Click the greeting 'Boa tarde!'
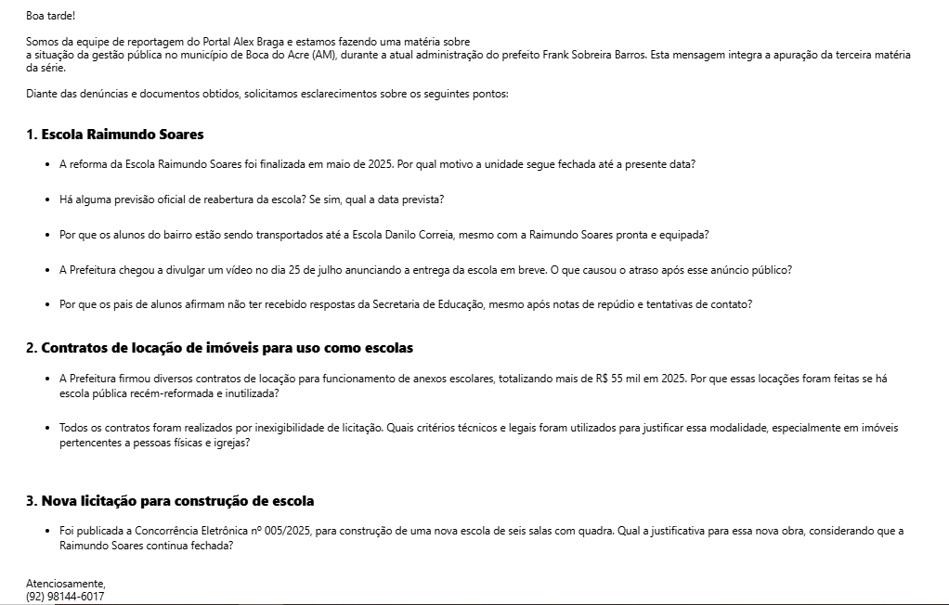coord(50,16)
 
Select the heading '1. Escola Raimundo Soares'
coord(115,135)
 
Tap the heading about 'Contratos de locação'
coord(220,348)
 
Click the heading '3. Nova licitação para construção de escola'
coord(170,501)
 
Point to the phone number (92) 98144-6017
coord(65,597)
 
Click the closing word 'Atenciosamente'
coord(65,584)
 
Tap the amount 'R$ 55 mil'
coord(619,379)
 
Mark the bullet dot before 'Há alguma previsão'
coord(47,200)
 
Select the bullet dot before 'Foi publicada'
coord(47,531)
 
